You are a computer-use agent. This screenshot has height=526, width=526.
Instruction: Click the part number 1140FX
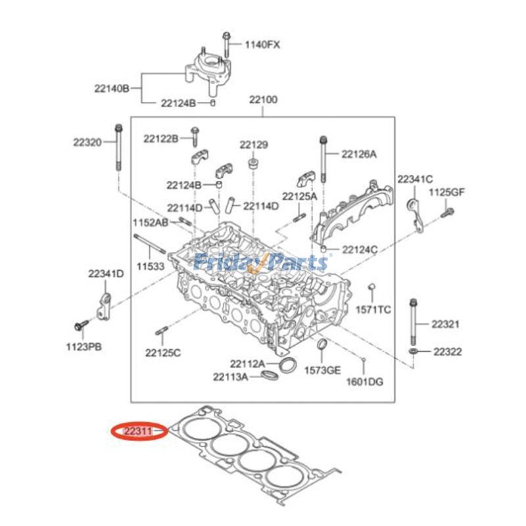point(263,45)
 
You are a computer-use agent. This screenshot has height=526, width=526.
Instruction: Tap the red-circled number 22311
point(139,431)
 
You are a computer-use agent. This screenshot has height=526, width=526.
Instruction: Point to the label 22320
point(87,141)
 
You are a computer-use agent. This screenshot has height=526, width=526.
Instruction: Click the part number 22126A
point(359,155)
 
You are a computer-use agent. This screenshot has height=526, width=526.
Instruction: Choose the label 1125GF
point(447,193)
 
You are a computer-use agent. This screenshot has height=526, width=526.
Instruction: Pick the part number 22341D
point(107,274)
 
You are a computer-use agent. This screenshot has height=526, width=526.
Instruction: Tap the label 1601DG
point(365,382)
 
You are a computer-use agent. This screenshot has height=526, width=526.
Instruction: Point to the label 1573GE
point(323,370)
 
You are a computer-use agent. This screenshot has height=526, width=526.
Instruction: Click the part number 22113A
point(230,377)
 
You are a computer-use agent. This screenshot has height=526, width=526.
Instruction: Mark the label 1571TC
point(373,309)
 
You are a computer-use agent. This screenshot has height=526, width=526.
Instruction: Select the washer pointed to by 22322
point(413,353)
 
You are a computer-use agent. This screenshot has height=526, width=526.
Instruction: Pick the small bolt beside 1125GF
point(447,212)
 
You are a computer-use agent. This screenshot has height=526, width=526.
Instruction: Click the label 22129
point(254,145)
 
